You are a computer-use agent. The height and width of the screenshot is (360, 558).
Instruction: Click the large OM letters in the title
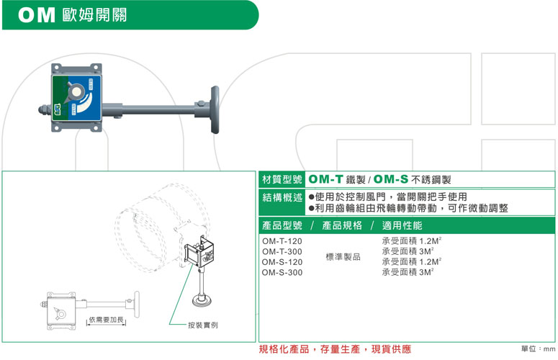point(37,15)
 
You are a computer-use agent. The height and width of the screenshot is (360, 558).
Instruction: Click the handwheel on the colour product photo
point(215,109)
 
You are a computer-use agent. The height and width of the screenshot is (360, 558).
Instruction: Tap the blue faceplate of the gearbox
point(76,99)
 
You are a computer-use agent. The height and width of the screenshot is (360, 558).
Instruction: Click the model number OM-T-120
point(282,241)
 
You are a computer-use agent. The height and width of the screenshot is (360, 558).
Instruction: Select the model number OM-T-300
point(282,251)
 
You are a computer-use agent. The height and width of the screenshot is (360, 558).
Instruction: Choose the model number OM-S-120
point(282,262)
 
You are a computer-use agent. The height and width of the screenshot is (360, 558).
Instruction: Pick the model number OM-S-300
point(282,272)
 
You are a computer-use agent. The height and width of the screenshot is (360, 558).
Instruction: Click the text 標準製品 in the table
point(343,257)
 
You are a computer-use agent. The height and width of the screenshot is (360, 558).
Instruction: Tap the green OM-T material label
point(325,179)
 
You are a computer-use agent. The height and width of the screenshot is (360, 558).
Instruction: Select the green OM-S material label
point(391,179)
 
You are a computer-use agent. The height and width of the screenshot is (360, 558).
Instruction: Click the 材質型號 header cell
point(282,179)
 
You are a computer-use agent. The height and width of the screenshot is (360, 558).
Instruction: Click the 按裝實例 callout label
point(203,325)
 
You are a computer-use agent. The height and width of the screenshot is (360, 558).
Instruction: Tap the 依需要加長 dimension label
point(106,320)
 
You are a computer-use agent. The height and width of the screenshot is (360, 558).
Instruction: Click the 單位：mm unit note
point(538,349)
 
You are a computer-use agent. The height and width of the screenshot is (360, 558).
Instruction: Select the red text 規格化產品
point(284,349)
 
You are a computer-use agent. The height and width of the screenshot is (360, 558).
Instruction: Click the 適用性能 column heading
point(402,225)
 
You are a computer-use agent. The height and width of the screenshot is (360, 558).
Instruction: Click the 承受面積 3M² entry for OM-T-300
point(408,251)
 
